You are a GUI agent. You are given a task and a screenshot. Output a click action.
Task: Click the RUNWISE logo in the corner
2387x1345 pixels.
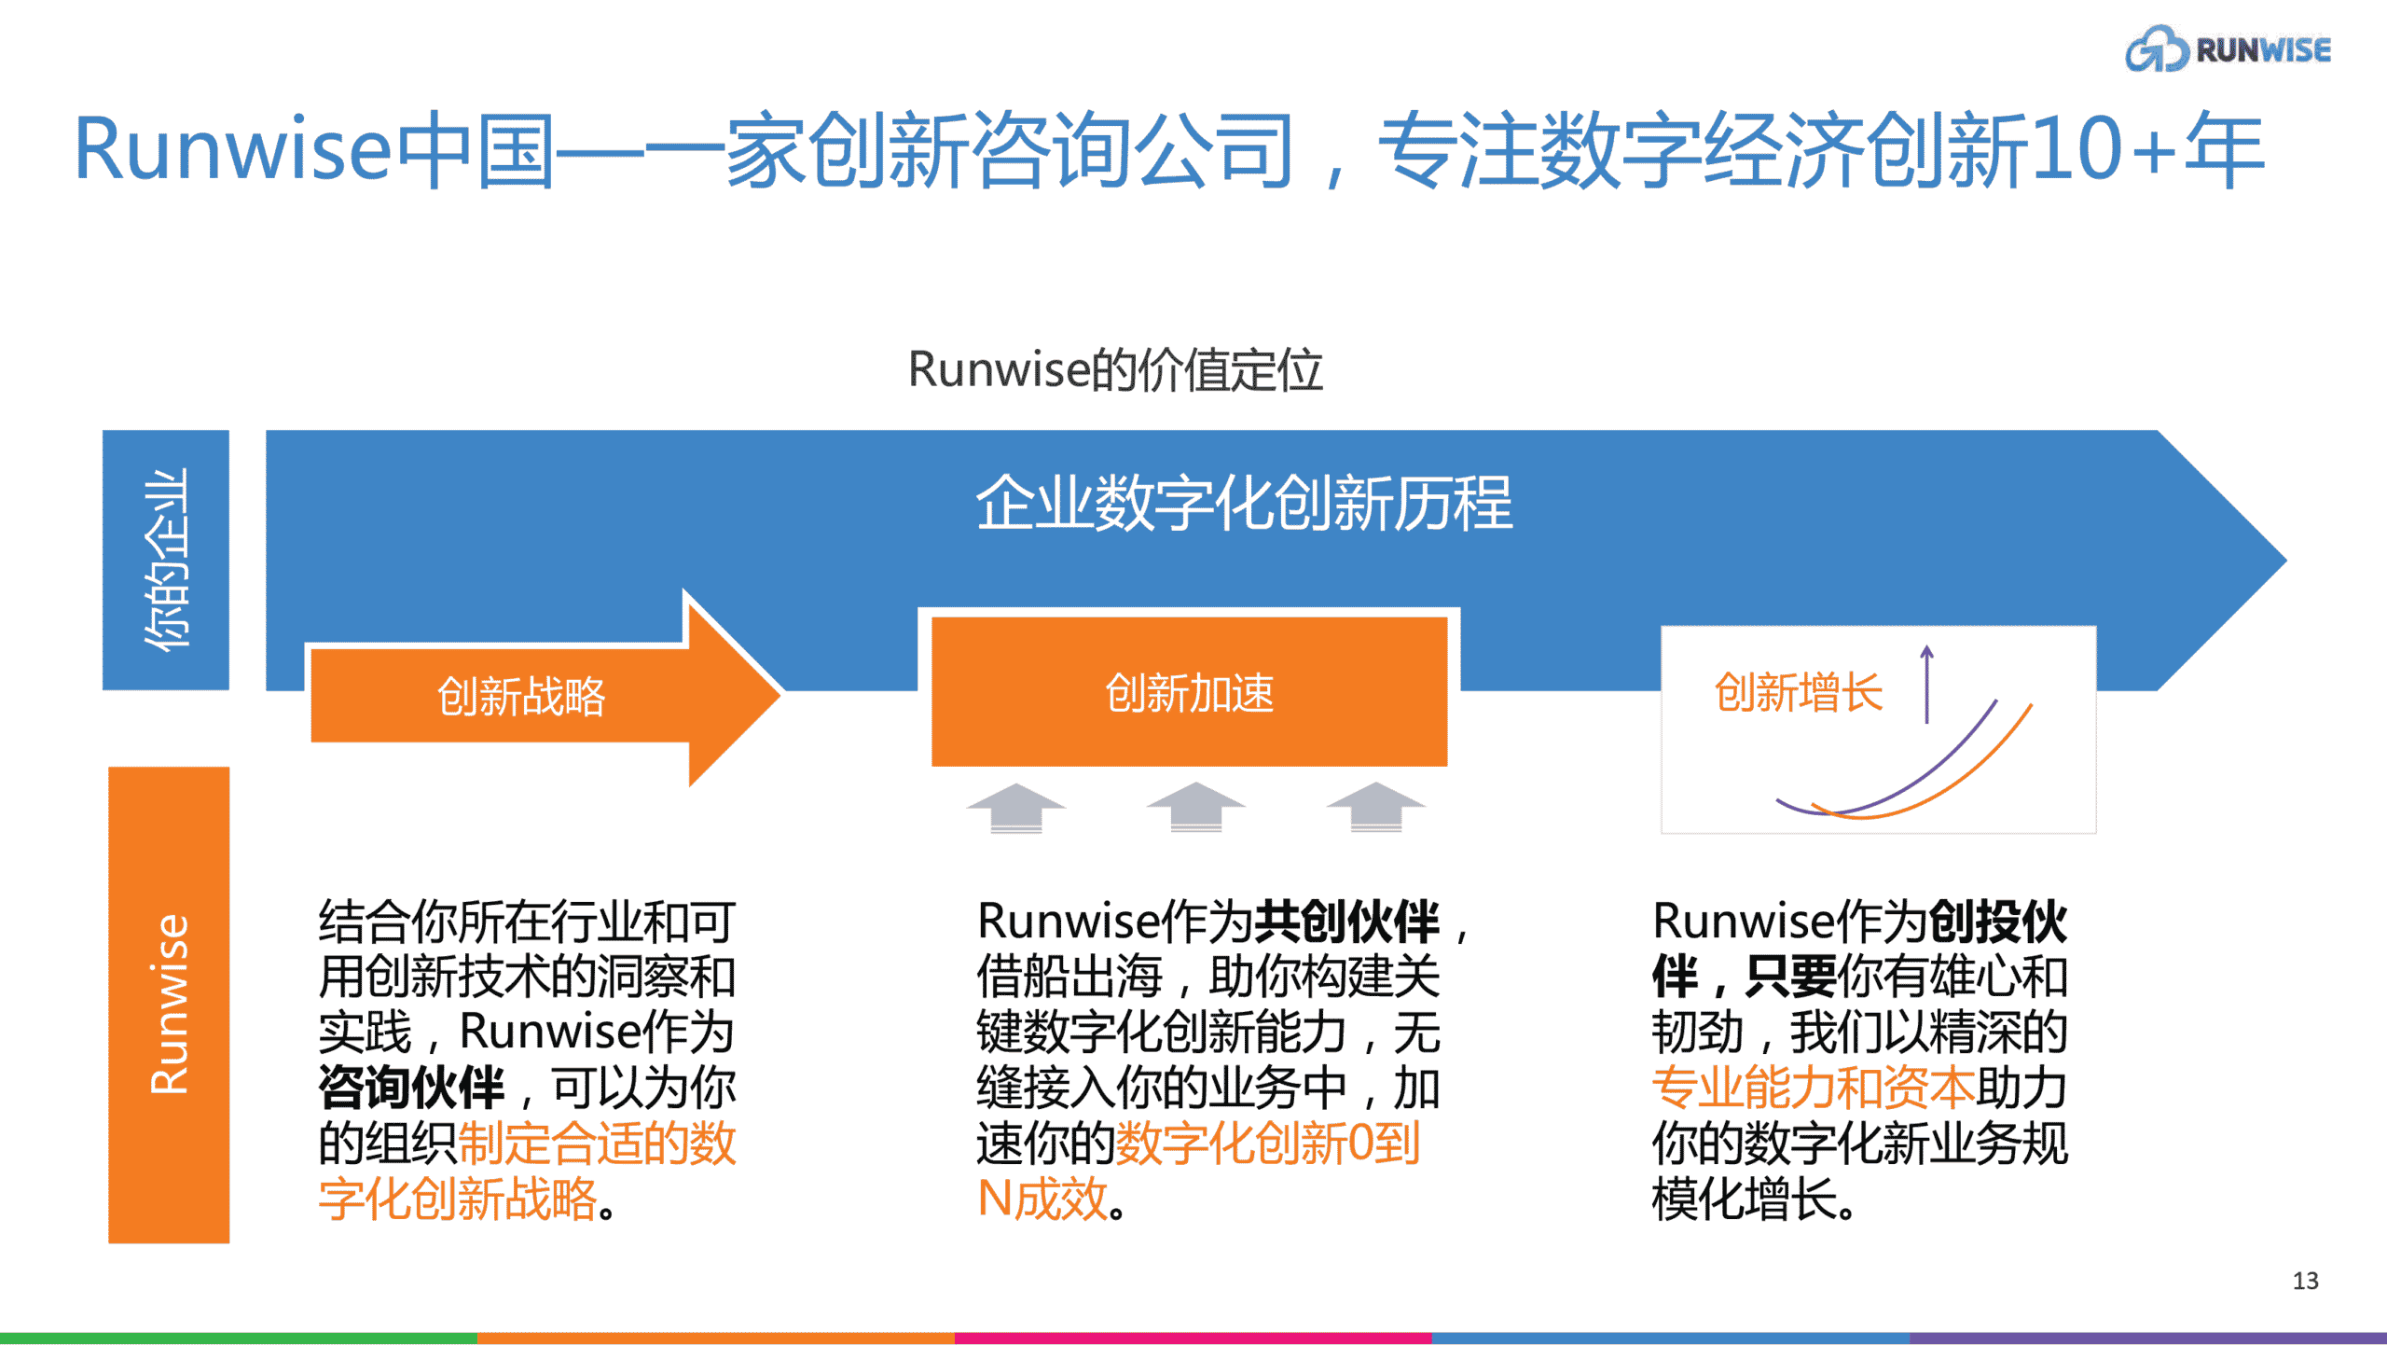(x=2228, y=49)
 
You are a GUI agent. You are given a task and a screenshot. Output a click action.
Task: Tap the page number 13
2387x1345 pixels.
(x=2305, y=1281)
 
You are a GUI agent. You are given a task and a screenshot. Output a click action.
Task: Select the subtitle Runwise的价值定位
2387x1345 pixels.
(x=1115, y=369)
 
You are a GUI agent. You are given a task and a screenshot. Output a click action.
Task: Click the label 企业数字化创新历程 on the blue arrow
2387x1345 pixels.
(x=1244, y=503)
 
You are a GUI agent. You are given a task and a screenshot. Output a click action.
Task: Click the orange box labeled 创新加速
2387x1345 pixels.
(x=1189, y=691)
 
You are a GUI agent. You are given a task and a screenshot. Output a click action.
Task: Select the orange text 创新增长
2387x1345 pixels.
(x=1799, y=693)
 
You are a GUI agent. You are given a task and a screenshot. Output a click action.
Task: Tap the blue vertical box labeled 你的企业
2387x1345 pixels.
(x=166, y=560)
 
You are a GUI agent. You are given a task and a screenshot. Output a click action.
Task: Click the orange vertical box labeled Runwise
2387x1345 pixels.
(x=169, y=1005)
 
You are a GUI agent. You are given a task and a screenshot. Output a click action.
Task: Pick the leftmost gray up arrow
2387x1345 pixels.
(x=1016, y=807)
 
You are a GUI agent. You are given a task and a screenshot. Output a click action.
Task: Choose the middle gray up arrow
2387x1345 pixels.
(x=1195, y=807)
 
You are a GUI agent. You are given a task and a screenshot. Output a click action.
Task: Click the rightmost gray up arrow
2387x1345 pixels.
(x=1376, y=807)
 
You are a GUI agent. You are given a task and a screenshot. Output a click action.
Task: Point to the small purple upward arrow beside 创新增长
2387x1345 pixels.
(x=1926, y=684)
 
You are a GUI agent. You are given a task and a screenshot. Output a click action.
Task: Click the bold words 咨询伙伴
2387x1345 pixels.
(x=411, y=1088)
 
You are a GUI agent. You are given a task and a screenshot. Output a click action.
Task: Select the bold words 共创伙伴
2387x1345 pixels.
(x=1347, y=922)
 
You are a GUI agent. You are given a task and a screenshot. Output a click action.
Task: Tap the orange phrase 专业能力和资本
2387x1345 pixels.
(x=1814, y=1088)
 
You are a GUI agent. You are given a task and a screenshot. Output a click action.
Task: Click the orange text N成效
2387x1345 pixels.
(x=1042, y=1199)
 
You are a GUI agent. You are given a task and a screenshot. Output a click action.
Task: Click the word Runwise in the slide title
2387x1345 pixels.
(x=233, y=149)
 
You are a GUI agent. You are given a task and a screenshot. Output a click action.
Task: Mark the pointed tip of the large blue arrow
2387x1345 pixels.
(x=2286, y=560)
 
